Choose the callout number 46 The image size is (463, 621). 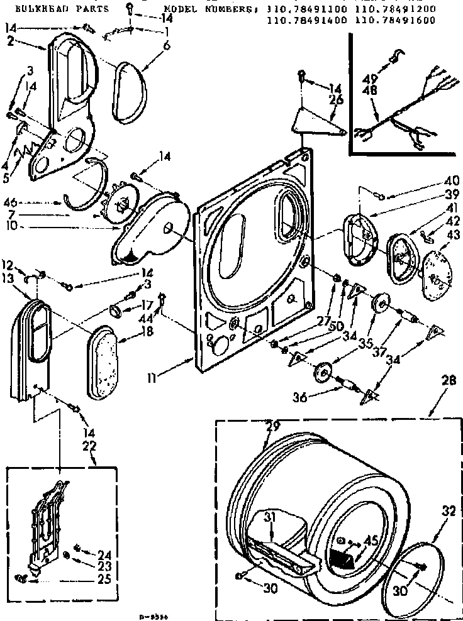click(28, 203)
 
